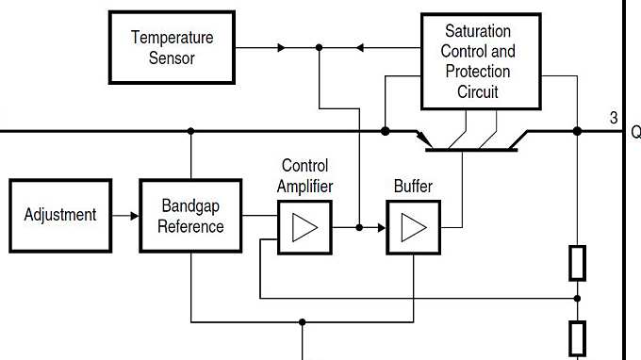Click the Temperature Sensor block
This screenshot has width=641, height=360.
pos(172,47)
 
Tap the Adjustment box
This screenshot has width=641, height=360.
pos(60,215)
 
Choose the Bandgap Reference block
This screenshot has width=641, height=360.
pos(190,216)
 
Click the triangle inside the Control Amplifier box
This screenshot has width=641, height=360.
pos(304,228)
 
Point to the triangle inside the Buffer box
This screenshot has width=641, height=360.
pos(414,228)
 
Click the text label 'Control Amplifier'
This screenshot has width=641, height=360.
pos(304,175)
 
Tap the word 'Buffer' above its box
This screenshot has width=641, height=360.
pos(413,186)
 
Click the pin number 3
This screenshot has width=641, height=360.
pos(614,118)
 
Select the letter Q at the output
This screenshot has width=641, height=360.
pos(635,133)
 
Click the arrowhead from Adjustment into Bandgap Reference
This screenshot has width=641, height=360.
pos(134,216)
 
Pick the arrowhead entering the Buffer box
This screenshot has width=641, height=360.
pos(382,227)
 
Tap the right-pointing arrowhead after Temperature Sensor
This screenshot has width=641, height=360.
pos(280,47)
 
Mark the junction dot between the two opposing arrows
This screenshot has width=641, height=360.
pos(320,47)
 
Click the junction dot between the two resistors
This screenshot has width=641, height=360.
pos(577,298)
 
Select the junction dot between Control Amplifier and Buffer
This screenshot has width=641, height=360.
pos(359,227)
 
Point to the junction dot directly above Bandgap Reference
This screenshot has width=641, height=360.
pos(190,131)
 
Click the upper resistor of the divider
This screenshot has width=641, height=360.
pos(577,263)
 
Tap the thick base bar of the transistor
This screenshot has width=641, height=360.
pos(470,149)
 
